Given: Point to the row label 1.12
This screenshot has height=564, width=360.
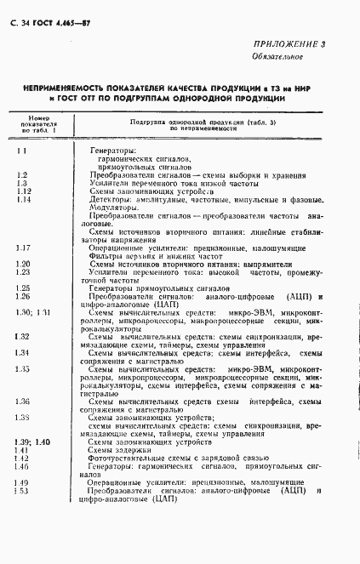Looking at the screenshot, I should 24,191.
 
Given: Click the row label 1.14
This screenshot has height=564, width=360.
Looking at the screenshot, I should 24,200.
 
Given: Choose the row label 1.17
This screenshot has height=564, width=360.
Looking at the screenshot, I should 24,248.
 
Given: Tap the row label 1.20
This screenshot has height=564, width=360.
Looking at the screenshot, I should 24,265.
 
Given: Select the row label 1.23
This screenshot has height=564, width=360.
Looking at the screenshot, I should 24,272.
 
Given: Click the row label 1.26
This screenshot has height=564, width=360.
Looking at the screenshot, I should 24,297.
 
